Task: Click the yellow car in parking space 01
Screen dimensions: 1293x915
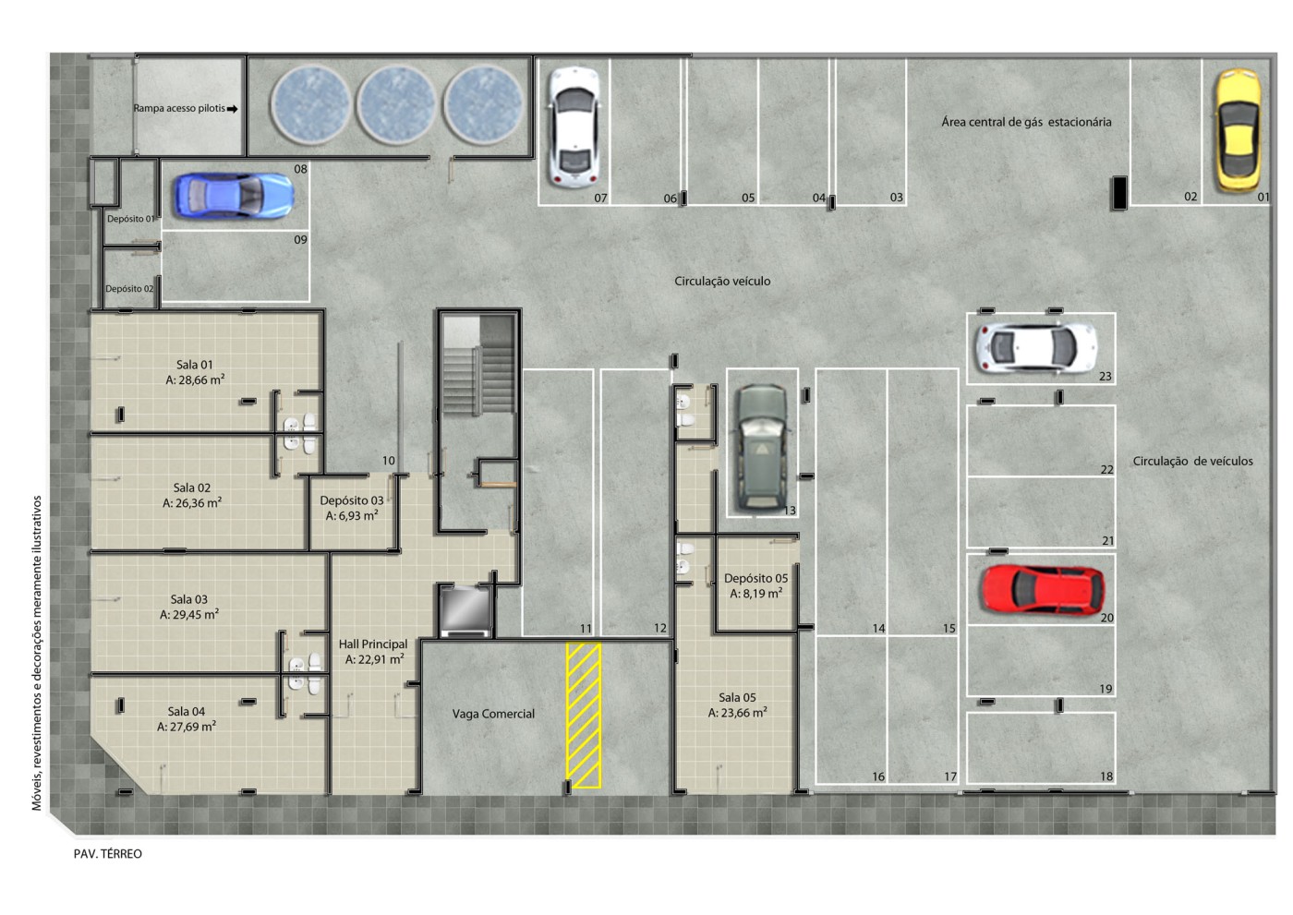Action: click(1239, 131)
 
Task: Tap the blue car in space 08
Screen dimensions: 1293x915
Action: click(234, 196)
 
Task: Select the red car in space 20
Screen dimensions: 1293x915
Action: click(1043, 590)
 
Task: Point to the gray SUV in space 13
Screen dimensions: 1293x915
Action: click(761, 447)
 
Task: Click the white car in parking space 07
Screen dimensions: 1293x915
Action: click(574, 127)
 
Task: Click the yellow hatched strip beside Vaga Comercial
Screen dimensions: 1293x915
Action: click(584, 716)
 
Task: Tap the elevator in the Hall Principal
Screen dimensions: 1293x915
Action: click(465, 610)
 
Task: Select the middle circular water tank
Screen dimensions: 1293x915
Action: click(396, 104)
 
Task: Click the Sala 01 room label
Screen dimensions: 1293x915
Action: click(195, 372)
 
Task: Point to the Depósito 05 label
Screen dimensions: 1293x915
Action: click(755, 585)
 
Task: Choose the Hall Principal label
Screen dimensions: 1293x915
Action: click(373, 651)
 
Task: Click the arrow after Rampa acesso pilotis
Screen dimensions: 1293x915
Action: click(232, 108)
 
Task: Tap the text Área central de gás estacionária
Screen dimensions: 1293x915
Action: click(1026, 122)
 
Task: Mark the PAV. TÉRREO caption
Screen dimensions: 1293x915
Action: click(108, 854)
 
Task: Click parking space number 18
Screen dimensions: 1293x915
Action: click(1106, 776)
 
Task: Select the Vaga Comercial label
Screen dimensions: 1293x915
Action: click(493, 715)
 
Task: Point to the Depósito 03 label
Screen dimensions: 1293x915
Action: click(352, 508)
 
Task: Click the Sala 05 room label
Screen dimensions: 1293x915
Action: click(738, 705)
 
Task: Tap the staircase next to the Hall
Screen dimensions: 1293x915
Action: click(478, 367)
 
